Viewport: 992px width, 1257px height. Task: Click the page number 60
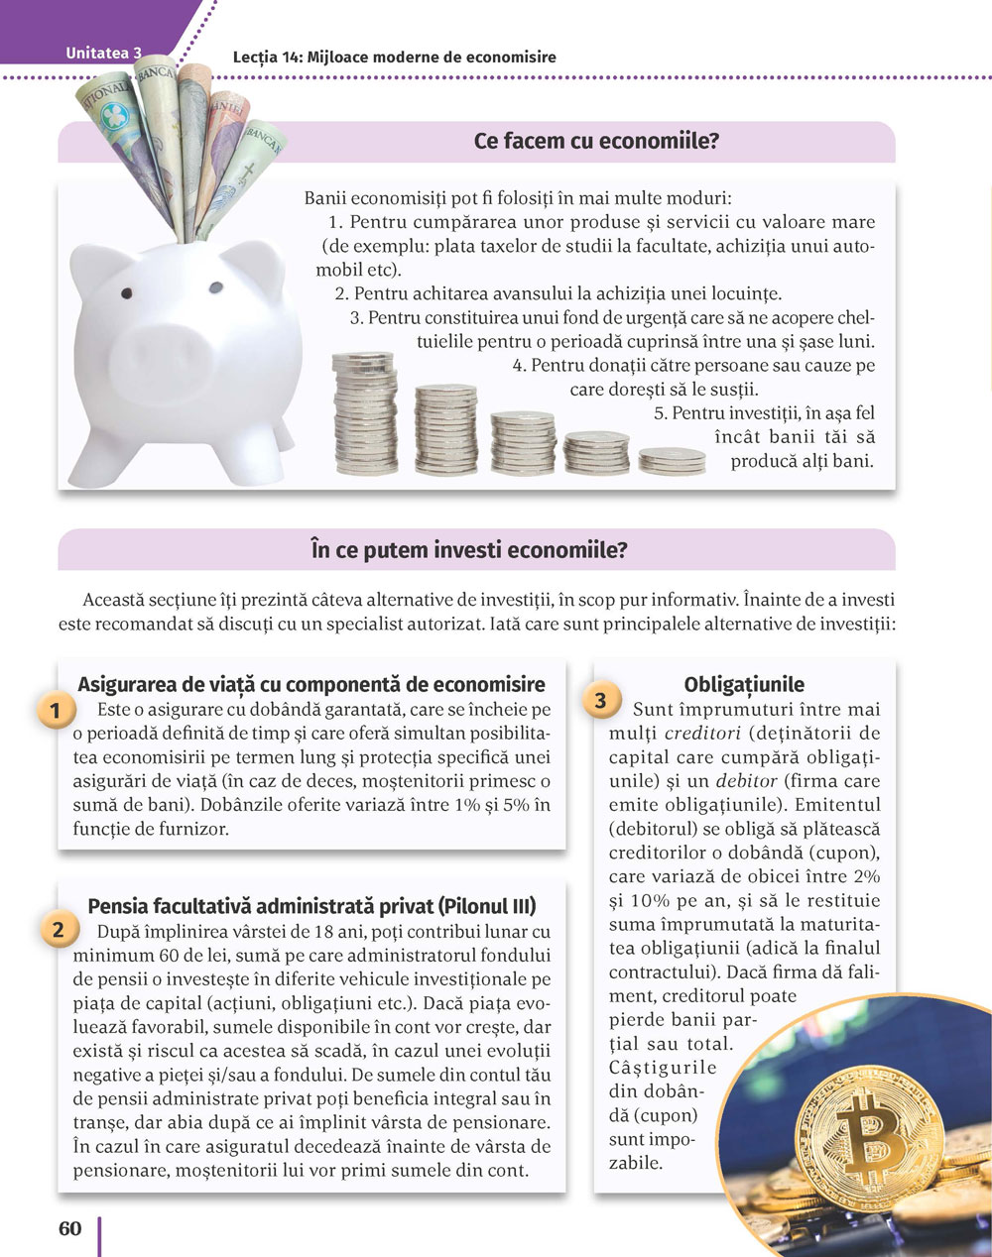coord(69,1228)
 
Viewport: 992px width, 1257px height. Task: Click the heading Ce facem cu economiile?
coord(596,141)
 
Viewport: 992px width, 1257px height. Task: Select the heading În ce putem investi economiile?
coord(469,549)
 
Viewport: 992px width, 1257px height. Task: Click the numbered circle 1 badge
coord(56,710)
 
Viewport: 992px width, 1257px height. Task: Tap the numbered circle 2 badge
coord(59,930)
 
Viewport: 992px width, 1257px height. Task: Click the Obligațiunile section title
coord(744,684)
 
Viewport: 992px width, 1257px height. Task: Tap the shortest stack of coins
coord(672,461)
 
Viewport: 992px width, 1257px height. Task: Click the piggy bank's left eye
coord(126,293)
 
